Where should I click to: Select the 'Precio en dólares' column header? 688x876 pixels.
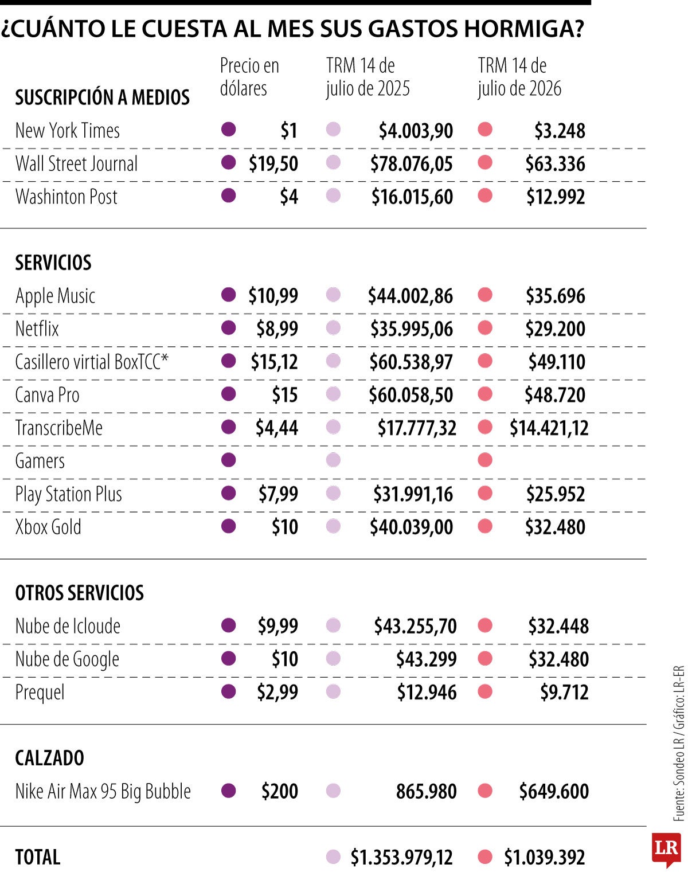(x=249, y=77)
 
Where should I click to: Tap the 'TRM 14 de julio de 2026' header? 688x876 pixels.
(x=519, y=77)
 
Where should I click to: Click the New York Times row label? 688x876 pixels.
(x=67, y=130)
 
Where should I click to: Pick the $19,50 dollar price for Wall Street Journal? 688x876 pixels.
(x=273, y=163)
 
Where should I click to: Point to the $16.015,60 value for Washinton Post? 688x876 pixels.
(x=412, y=197)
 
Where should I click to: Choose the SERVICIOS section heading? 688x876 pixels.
(x=53, y=263)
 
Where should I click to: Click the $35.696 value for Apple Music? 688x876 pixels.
(x=555, y=295)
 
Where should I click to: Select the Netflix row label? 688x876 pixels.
(x=37, y=328)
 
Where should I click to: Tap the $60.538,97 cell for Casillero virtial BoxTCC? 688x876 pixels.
(x=411, y=362)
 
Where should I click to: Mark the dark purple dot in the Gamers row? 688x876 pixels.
(x=229, y=460)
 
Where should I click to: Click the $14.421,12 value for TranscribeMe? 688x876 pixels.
(x=549, y=428)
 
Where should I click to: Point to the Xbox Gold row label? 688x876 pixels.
(x=48, y=526)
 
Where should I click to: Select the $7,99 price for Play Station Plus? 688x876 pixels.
(x=278, y=494)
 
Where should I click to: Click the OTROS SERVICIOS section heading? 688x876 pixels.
(x=79, y=593)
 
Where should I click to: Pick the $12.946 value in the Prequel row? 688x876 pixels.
(x=427, y=692)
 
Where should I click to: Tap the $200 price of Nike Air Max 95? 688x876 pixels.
(x=279, y=791)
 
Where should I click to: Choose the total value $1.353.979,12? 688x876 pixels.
(x=401, y=858)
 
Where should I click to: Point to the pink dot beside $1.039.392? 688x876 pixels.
(x=485, y=857)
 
